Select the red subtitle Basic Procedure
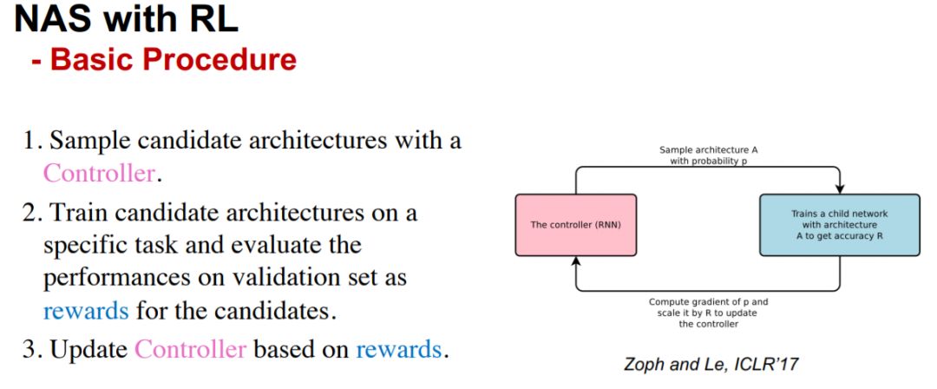tap(173, 60)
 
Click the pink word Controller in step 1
tap(99, 173)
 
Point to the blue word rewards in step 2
tap(86, 309)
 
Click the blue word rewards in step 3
tap(399, 350)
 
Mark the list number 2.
tap(31, 212)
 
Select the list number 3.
tap(31, 350)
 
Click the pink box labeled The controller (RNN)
tap(575, 225)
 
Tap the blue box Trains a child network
tap(839, 225)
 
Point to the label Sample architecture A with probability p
tap(708, 155)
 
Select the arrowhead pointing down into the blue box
tap(839, 189)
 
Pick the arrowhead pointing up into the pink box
tap(575, 261)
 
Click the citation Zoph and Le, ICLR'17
tap(710, 365)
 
